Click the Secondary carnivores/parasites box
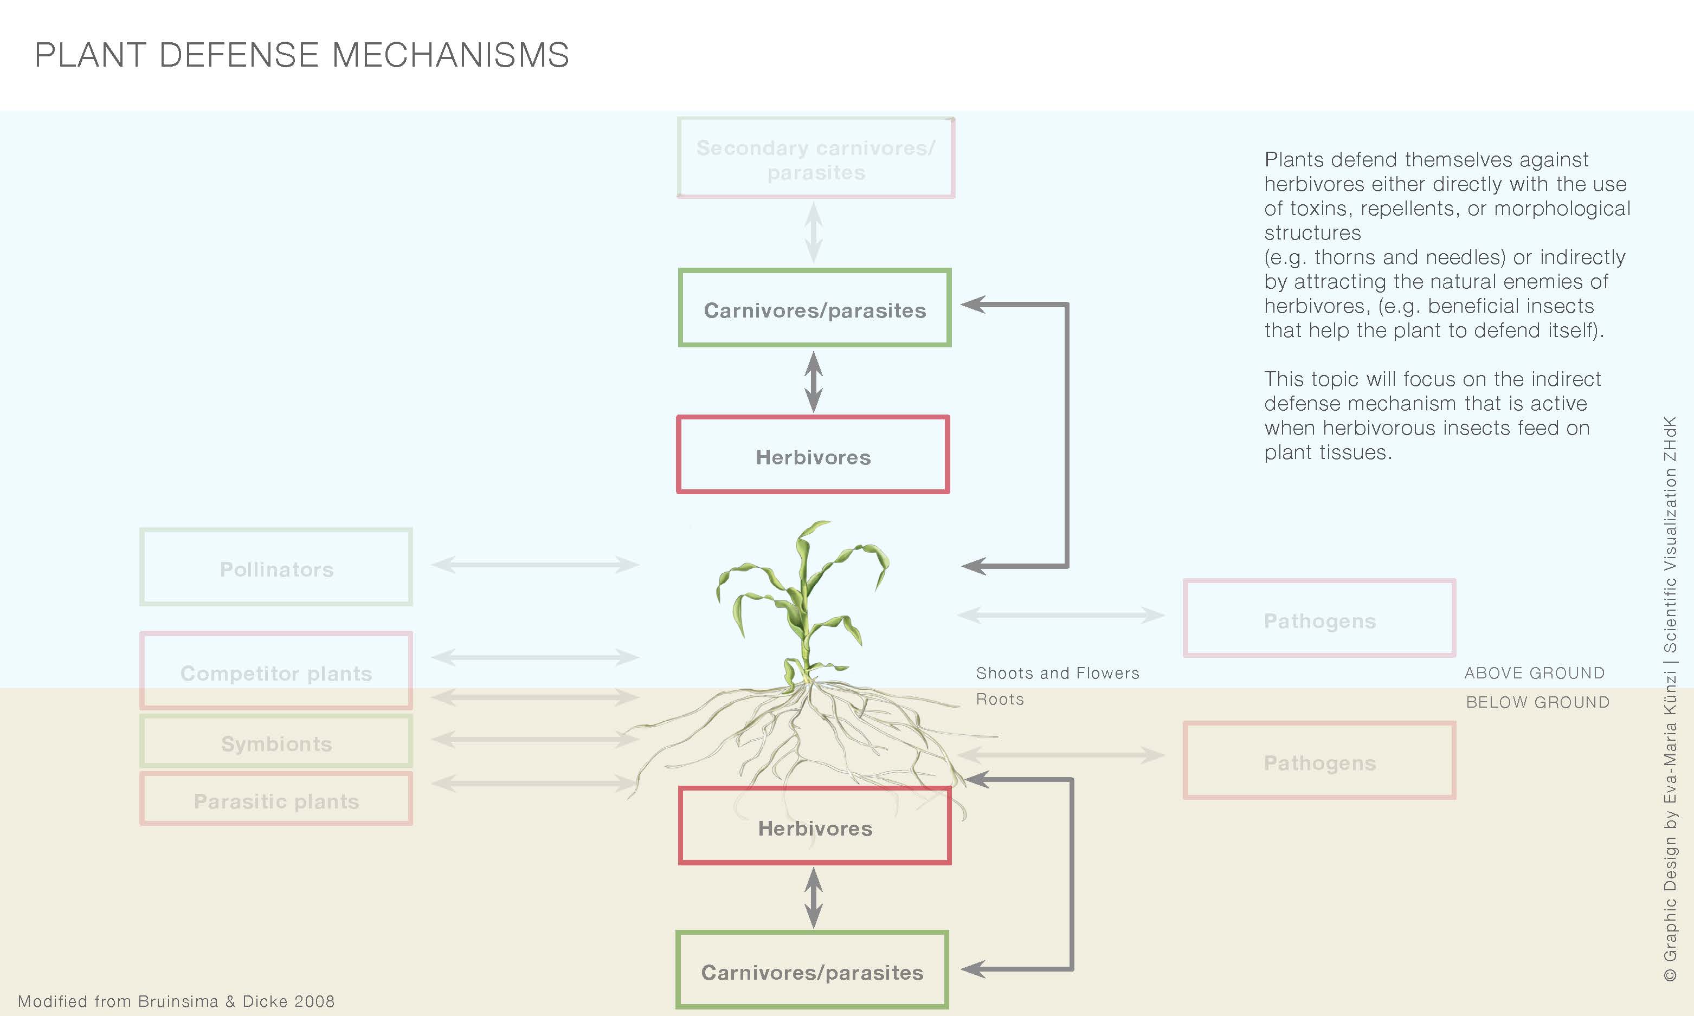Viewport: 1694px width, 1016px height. click(x=815, y=158)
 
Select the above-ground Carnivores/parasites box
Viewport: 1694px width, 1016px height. click(x=814, y=308)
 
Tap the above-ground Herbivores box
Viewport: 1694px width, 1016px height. click(x=813, y=455)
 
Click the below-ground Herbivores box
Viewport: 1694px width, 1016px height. click(x=814, y=826)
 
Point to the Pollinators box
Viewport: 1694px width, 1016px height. click(x=276, y=567)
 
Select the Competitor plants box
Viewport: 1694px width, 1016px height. click(x=276, y=671)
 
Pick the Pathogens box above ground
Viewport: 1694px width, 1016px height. click(x=1319, y=619)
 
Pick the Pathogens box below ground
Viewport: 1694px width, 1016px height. click(x=1319, y=761)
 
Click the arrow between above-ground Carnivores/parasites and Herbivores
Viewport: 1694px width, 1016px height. click(x=814, y=382)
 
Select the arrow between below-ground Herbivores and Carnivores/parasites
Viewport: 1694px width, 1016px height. click(x=814, y=897)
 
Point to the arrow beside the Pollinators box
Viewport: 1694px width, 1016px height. click(x=536, y=565)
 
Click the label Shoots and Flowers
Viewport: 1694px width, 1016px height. click(x=1057, y=674)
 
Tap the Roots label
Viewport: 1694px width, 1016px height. click(x=1000, y=700)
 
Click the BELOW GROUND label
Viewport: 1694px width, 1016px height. click(x=1537, y=702)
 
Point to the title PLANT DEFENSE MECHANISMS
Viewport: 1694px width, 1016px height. click(x=302, y=55)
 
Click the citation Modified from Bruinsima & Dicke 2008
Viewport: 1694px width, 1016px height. click(x=176, y=1001)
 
